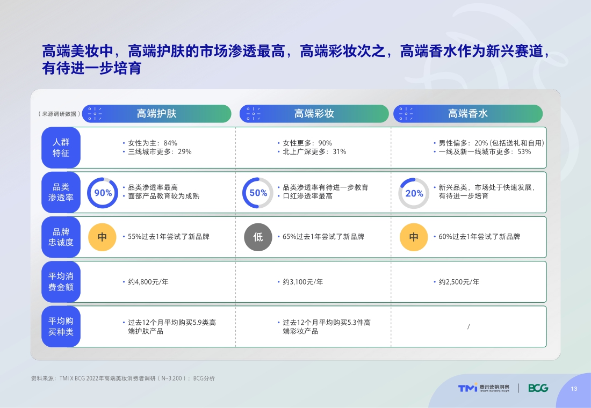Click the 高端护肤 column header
pos(156,114)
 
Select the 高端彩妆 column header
pos(314,114)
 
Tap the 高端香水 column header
pos(468,114)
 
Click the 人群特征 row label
pos(61,148)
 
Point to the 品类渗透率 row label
pos(61,192)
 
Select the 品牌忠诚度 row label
pos(61,237)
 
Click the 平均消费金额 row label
pos(61,281)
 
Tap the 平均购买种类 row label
pos(61,326)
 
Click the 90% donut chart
pos(103,193)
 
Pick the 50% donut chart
pos(258,193)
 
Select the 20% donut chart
pos(414,193)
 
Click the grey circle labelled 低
pos(258,237)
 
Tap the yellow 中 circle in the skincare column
pos(102,237)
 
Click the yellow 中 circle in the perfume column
pos(414,237)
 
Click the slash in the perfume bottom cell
pos(469,326)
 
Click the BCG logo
pos(538,388)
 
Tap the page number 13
pos(574,389)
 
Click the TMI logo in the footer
pos(467,388)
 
